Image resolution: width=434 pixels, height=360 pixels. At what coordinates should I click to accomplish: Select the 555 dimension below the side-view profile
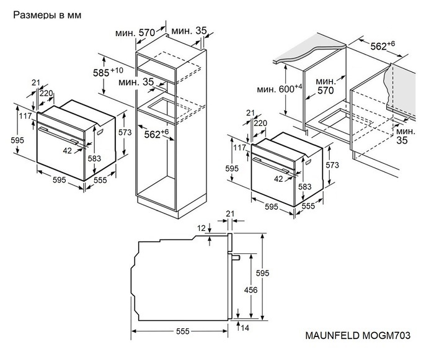[182, 331]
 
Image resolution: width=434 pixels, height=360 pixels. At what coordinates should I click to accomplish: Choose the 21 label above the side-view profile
[231, 215]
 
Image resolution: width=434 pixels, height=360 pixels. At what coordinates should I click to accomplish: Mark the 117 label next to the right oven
[239, 147]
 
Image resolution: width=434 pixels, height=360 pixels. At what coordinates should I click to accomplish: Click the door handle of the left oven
[59, 133]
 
